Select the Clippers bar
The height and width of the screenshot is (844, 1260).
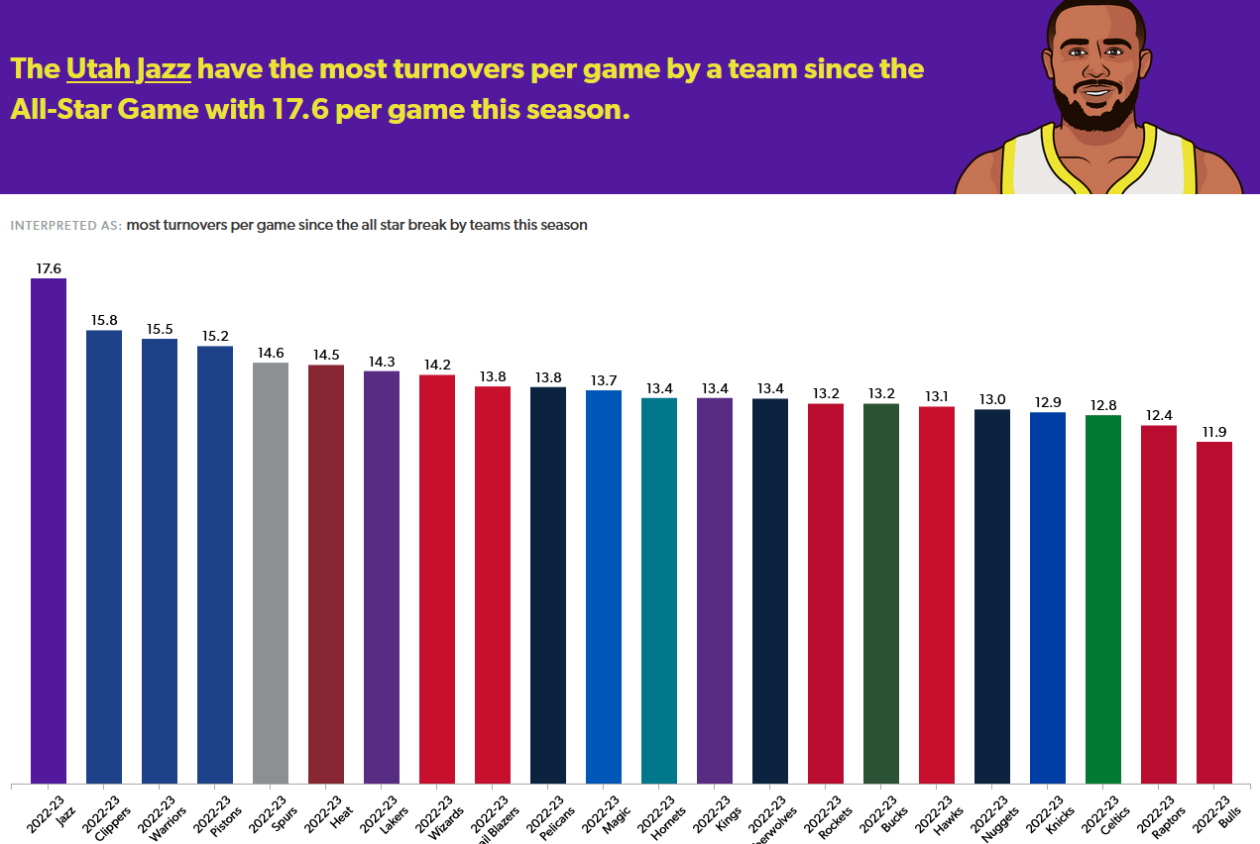point(104,556)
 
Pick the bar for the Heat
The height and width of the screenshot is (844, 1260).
point(326,574)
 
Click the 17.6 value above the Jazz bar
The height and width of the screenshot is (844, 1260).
point(49,268)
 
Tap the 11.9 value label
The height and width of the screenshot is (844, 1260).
point(1214,432)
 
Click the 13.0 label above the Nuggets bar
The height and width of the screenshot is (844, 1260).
point(992,399)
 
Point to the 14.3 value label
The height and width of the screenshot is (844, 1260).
point(382,362)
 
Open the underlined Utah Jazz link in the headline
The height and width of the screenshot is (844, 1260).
point(129,69)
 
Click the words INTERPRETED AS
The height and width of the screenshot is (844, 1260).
point(65,226)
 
